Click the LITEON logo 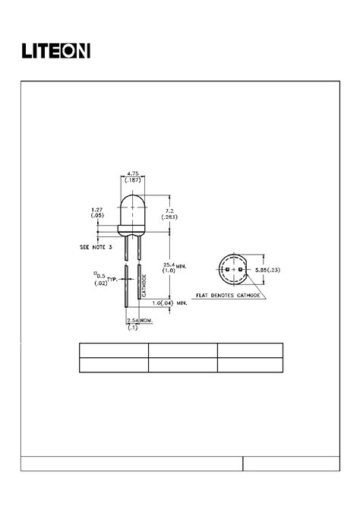point(55,51)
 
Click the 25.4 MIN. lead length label point(174,266)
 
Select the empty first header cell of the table point(113,350)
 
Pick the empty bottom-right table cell point(250,365)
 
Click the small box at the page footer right point(291,464)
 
